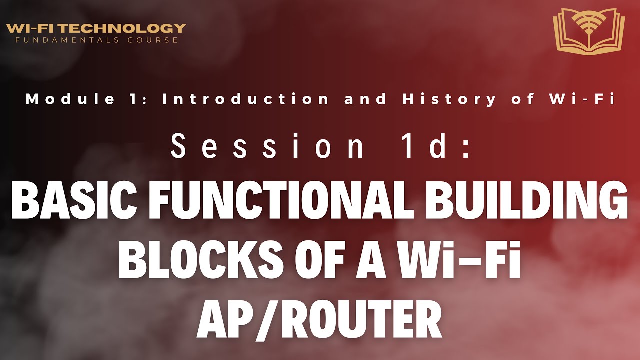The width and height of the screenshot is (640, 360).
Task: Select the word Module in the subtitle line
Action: click(x=70, y=99)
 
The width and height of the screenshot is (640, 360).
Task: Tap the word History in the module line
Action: click(x=450, y=99)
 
